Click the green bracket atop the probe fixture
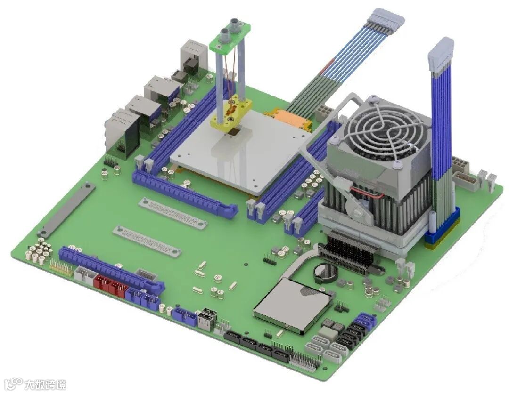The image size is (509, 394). [230, 38]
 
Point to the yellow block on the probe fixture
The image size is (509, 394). [231, 113]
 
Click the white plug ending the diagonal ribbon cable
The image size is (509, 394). [386, 20]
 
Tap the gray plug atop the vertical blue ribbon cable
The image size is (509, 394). [441, 55]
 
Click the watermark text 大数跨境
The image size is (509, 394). [45, 385]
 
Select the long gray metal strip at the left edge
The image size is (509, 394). [66, 210]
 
